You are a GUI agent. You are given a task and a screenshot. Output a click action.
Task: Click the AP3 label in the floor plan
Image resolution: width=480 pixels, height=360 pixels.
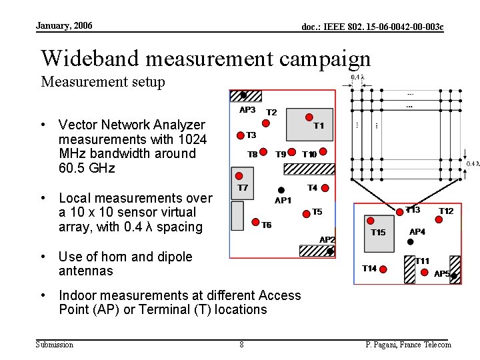click(x=247, y=109)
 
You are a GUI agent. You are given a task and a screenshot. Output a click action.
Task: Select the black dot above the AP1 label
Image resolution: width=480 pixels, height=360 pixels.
click(x=281, y=190)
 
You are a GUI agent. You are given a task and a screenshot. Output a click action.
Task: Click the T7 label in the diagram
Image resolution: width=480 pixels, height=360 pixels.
click(x=243, y=187)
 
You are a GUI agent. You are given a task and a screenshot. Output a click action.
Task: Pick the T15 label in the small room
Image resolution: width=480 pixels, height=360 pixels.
click(x=378, y=232)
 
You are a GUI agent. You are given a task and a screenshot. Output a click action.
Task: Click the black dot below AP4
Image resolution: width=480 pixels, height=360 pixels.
click(x=411, y=243)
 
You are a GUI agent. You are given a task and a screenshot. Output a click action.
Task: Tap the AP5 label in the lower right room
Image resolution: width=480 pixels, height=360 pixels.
click(x=442, y=273)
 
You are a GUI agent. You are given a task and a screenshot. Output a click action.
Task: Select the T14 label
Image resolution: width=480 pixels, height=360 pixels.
click(x=369, y=268)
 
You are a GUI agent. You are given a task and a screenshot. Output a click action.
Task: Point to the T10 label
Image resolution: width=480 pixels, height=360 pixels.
click(x=309, y=154)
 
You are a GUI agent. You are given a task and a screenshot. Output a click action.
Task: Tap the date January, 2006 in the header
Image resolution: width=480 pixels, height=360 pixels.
click(x=64, y=25)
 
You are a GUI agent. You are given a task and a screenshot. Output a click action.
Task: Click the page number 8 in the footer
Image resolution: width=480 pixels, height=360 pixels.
click(x=241, y=344)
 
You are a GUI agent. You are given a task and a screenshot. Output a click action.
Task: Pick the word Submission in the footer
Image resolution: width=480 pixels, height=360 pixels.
click(x=54, y=344)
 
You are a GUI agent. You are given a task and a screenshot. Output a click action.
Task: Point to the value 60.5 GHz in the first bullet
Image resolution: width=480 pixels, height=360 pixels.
click(x=87, y=168)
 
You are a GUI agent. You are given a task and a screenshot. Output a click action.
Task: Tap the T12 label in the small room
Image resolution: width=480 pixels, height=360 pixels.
click(x=446, y=211)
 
